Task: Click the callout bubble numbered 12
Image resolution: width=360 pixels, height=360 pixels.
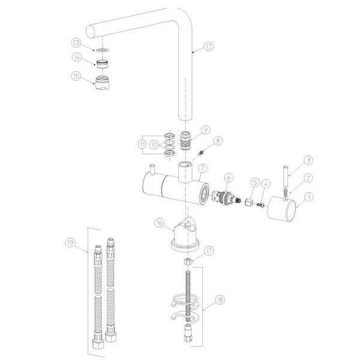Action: [x=208, y=46]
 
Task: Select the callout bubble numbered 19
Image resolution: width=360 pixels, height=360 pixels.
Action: [x=70, y=242]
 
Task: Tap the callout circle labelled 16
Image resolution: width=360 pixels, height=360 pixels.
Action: [x=160, y=223]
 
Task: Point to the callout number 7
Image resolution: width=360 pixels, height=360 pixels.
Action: [x=202, y=169]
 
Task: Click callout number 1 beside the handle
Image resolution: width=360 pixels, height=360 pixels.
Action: [x=309, y=197]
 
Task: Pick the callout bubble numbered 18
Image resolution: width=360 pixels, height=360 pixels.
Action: [x=220, y=299]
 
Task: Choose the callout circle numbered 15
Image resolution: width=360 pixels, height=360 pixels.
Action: [x=76, y=76]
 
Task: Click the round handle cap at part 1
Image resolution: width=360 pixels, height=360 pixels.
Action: [x=282, y=208]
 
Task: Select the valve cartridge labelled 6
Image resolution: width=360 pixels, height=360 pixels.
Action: [x=226, y=197]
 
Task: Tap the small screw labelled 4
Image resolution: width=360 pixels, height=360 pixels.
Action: [x=260, y=204]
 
